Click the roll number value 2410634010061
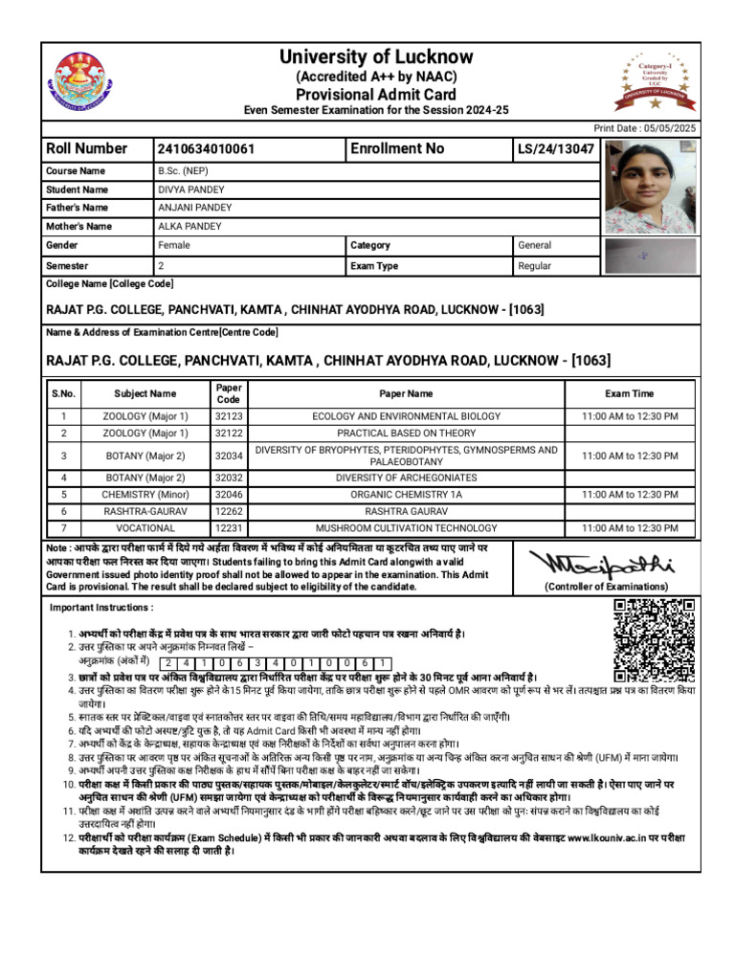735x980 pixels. pyautogui.click(x=206, y=149)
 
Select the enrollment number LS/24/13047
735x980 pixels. pyautogui.click(x=556, y=149)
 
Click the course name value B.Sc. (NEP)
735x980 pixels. pyautogui.click(x=184, y=171)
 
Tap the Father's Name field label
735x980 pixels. pyautogui.click(x=78, y=208)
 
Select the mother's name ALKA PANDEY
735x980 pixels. pyautogui.click(x=189, y=227)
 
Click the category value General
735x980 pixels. pyautogui.click(x=535, y=246)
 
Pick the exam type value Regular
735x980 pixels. pyautogui.click(x=535, y=266)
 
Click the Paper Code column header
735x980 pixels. pyautogui.click(x=229, y=393)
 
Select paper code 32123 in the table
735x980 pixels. pyautogui.click(x=229, y=416)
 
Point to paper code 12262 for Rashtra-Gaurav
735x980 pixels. pyautogui.click(x=229, y=512)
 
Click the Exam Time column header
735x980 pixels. pyautogui.click(x=630, y=393)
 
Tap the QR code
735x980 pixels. pyautogui.click(x=653, y=639)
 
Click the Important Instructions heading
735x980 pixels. pyautogui.click(x=101, y=608)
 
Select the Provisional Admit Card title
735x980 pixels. pyautogui.click(x=376, y=94)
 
